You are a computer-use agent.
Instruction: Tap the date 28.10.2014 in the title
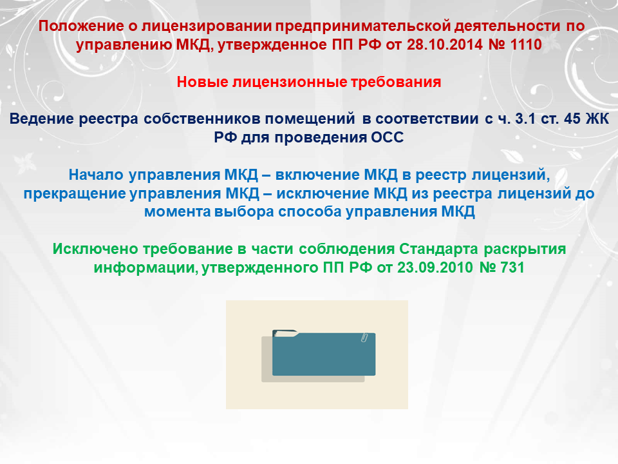click(444, 44)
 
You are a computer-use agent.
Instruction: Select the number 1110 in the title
click(526, 44)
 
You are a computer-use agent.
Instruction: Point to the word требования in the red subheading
click(396, 82)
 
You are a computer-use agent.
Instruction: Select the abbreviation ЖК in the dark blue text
click(597, 119)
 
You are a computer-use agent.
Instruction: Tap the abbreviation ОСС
click(388, 137)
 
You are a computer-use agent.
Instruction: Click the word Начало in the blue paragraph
click(96, 175)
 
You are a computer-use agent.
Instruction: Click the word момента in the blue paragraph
click(178, 212)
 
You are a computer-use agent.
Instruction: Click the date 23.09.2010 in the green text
click(435, 267)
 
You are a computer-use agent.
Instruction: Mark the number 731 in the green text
click(512, 267)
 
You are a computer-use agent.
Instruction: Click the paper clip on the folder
click(364, 337)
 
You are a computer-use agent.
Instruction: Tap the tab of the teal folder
click(285, 333)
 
